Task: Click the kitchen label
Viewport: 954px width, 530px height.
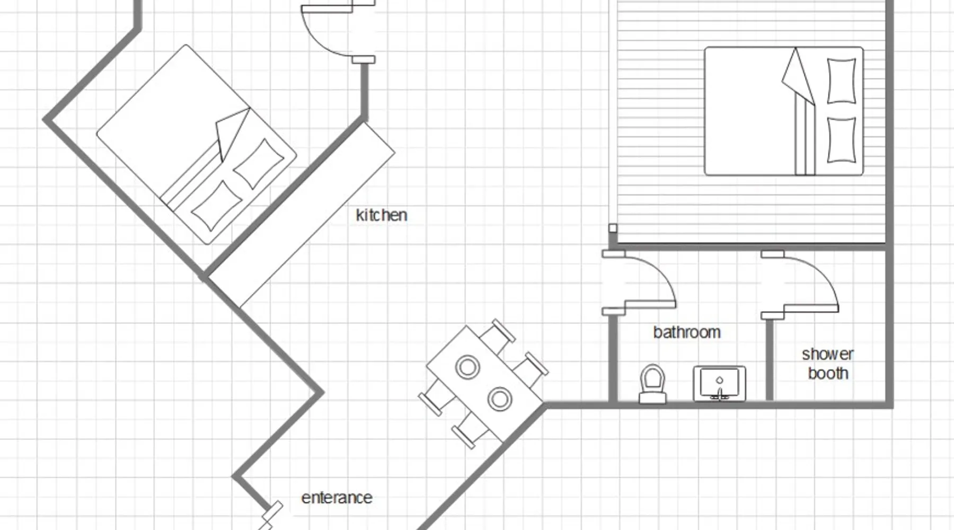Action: click(x=381, y=215)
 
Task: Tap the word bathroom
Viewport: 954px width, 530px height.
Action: click(x=687, y=332)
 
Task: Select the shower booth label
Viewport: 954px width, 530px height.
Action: click(x=828, y=364)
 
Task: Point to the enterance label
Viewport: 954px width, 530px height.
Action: click(x=337, y=498)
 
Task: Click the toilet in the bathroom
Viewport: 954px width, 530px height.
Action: click(x=652, y=384)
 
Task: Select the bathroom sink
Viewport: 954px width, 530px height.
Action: click(x=719, y=383)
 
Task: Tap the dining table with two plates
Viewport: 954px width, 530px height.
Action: click(x=484, y=384)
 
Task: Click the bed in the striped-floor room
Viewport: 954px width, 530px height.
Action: click(x=783, y=111)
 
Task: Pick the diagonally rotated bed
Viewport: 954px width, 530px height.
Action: click(x=196, y=144)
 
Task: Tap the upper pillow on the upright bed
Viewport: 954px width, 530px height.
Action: click(x=841, y=81)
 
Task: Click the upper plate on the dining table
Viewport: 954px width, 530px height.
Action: click(x=468, y=367)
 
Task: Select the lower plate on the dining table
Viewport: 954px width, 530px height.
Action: click(x=499, y=399)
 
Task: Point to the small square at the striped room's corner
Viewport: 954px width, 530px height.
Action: click(x=613, y=228)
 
